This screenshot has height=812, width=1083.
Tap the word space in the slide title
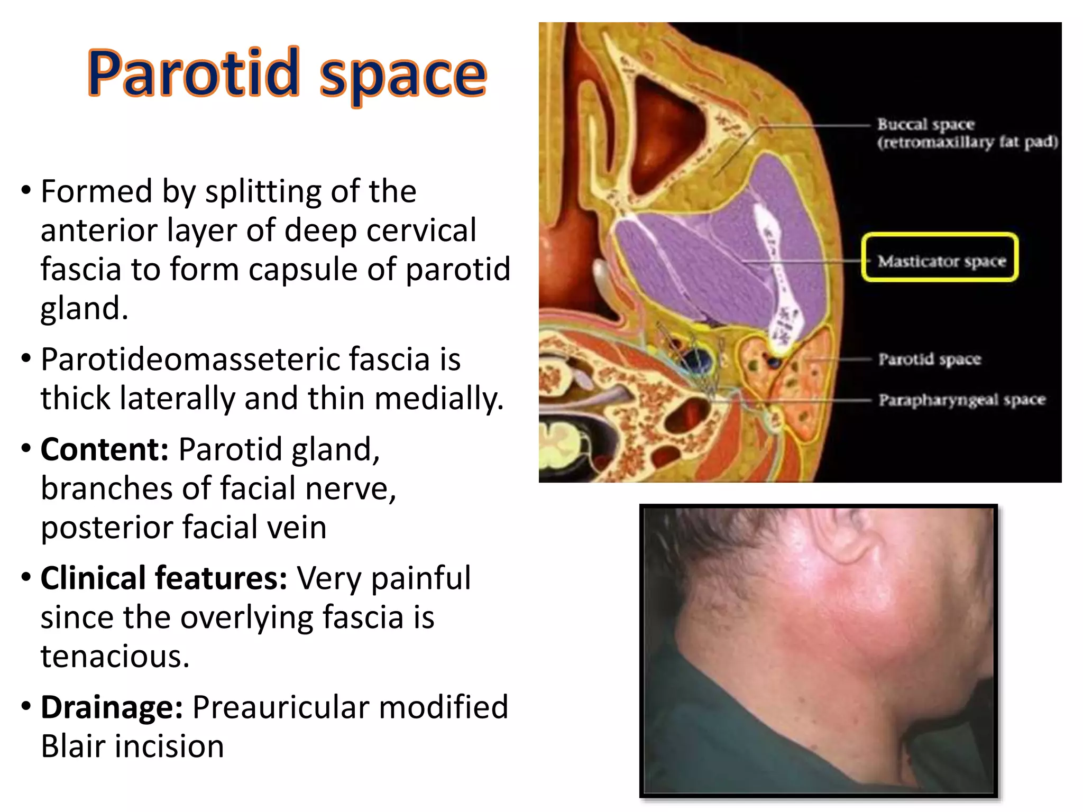[x=402, y=76]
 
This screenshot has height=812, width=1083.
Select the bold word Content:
[x=105, y=449]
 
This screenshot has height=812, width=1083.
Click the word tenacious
[x=115, y=656]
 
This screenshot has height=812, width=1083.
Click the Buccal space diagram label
[x=926, y=124]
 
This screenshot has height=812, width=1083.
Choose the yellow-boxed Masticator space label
[x=941, y=261]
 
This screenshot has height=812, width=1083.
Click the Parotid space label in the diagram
[x=930, y=359]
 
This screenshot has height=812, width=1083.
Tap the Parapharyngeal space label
[x=962, y=400]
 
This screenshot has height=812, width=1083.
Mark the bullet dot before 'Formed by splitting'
[x=26, y=190]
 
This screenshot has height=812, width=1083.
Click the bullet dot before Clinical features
[x=26, y=577]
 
